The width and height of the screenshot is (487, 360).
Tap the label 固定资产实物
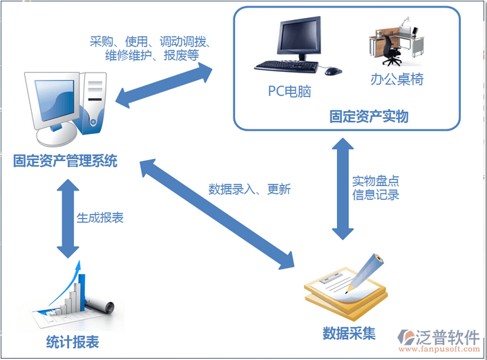369,116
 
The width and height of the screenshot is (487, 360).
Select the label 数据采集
349,333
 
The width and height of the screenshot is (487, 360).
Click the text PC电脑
290,91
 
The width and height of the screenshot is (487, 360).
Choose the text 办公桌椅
397,79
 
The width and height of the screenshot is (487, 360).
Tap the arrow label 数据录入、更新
249,188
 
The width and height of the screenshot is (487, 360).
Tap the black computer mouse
333,70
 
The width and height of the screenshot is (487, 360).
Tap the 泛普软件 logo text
447,337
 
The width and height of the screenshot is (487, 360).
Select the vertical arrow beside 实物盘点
339,188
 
